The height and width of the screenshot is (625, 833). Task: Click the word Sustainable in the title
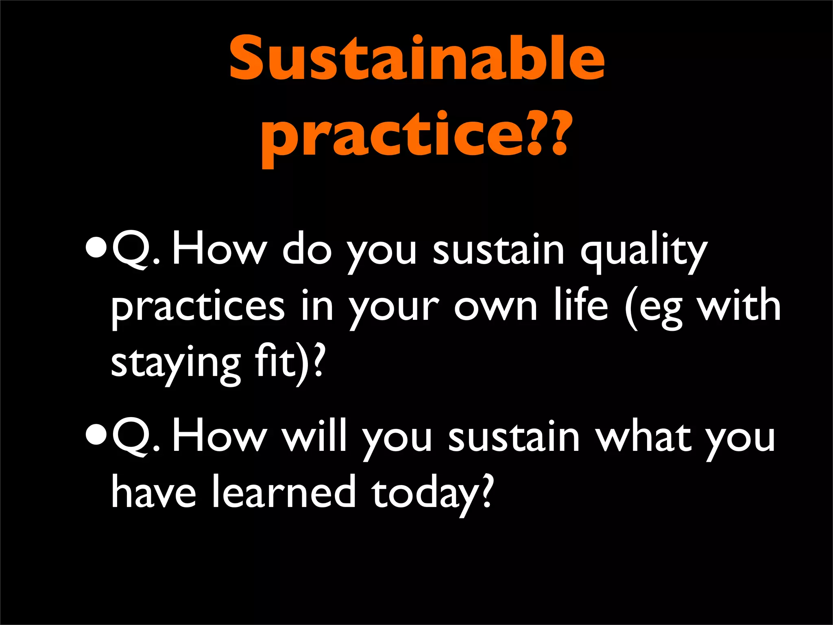point(416,59)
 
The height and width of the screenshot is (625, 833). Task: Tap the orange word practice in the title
point(393,136)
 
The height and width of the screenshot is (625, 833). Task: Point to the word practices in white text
point(198,308)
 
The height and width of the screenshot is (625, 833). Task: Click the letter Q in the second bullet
point(130,437)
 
